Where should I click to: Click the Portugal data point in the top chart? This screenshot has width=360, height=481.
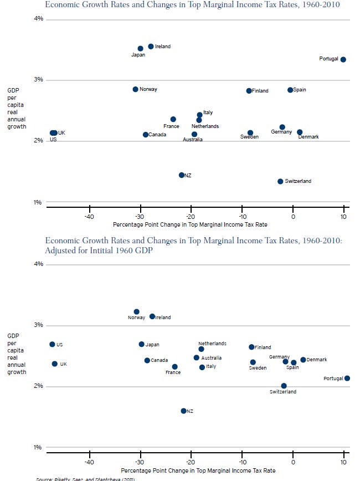pyautogui.click(x=343, y=59)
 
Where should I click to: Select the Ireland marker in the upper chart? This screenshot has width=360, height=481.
pyautogui.click(x=151, y=47)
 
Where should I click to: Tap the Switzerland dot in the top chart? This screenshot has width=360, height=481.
pyautogui.click(x=280, y=181)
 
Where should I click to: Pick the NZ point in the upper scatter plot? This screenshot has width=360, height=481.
pyautogui.click(x=181, y=175)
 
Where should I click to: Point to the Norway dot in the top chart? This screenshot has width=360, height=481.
pyautogui.click(x=135, y=89)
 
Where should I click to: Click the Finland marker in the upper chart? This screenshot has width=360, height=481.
pyautogui.click(x=249, y=91)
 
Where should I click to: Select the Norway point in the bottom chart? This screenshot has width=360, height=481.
pyautogui.click(x=136, y=312)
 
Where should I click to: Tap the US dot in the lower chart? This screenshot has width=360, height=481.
pyautogui.click(x=52, y=344)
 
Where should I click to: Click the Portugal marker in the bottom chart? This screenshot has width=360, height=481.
pyautogui.click(x=347, y=378)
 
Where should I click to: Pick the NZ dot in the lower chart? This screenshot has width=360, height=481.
pyautogui.click(x=183, y=411)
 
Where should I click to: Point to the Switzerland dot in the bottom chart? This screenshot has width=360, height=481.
pyautogui.click(x=284, y=386)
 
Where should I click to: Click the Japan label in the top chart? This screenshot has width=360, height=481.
pyautogui.click(x=138, y=55)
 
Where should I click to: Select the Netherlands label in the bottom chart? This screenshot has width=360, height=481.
pyautogui.click(x=212, y=344)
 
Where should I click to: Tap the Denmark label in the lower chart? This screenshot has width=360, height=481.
pyautogui.click(x=317, y=360)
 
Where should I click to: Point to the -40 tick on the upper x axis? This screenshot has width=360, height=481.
pyautogui.click(x=89, y=217)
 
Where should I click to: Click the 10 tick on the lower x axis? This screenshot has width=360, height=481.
pyautogui.click(x=343, y=462)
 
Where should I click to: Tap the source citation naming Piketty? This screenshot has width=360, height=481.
pyautogui.click(x=86, y=479)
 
